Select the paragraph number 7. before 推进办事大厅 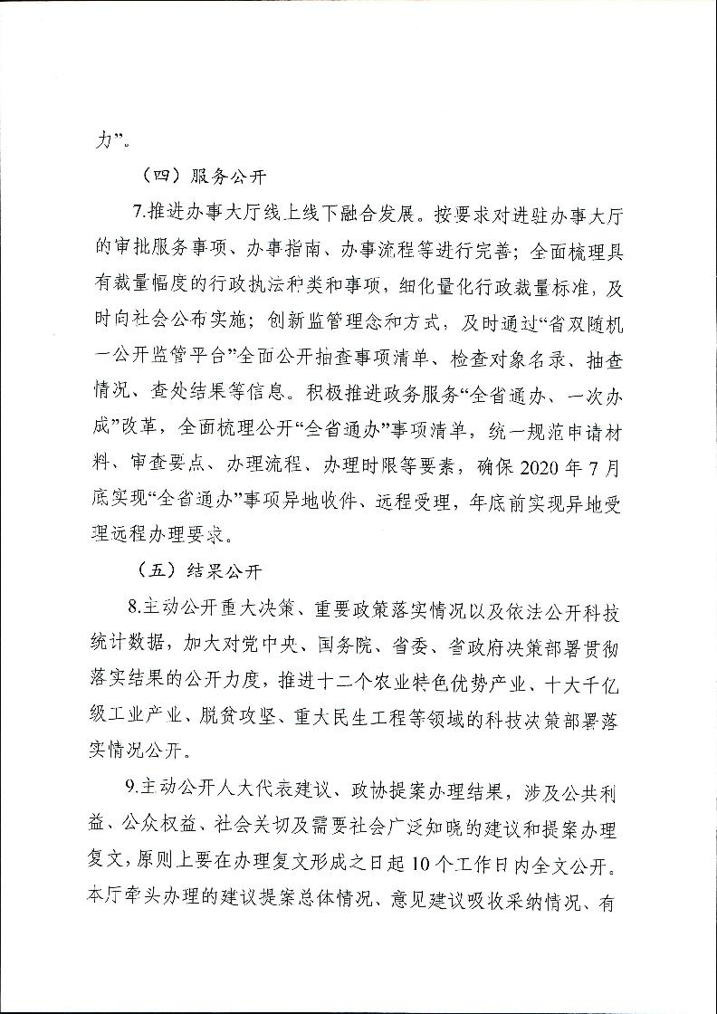[x=139, y=215]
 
